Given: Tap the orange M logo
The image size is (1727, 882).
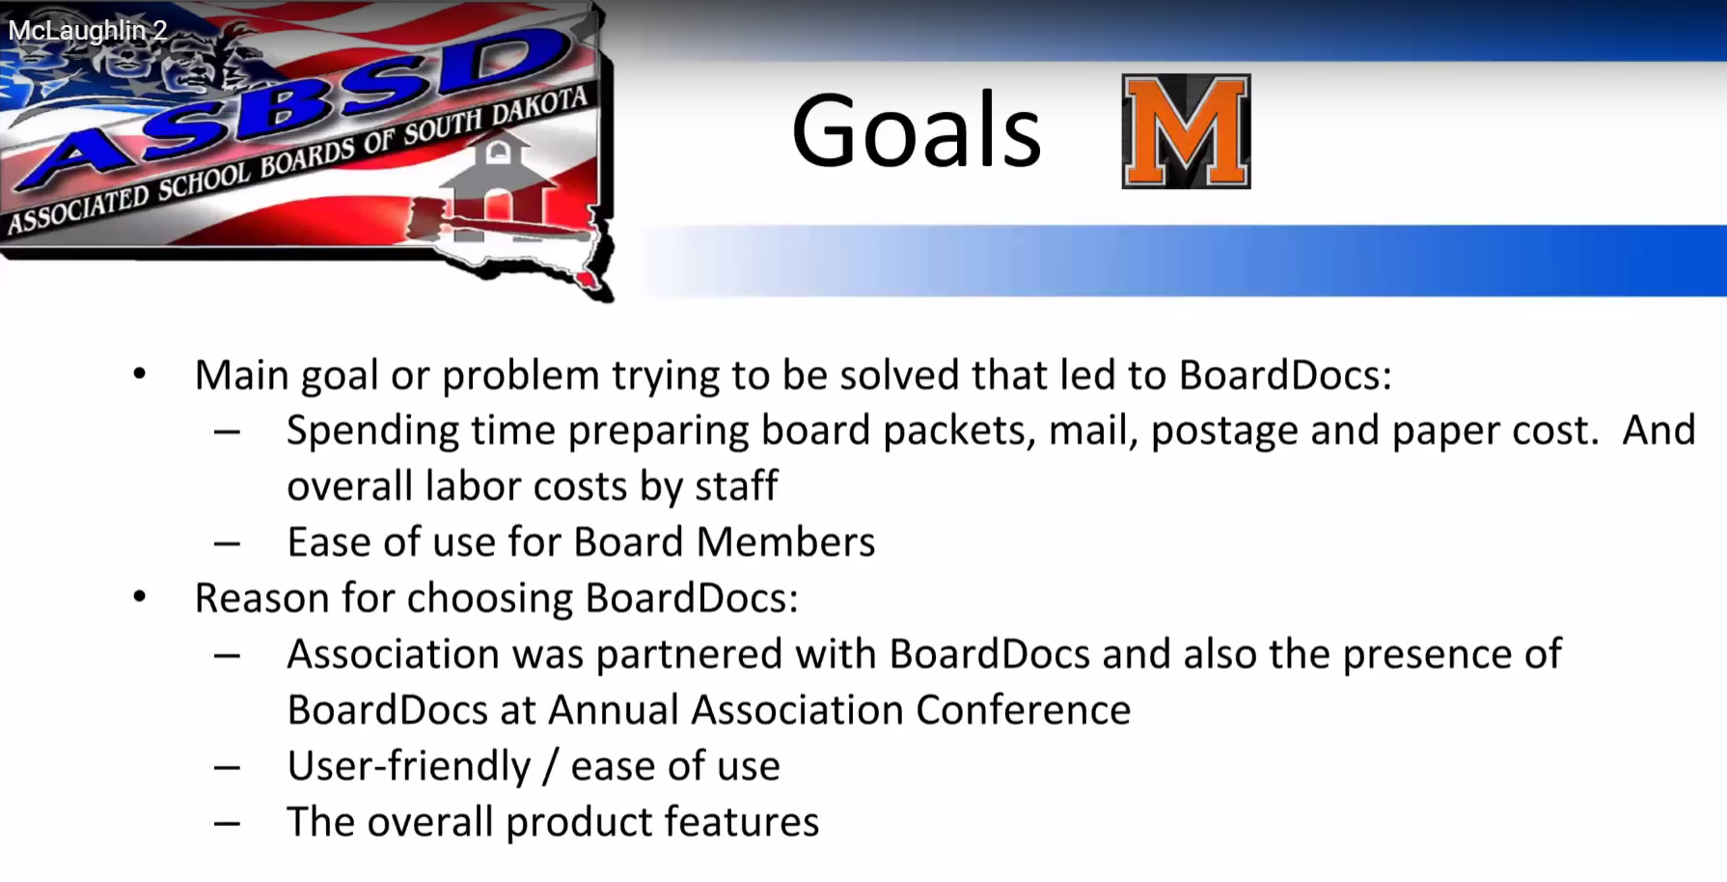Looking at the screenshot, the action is click(x=1186, y=131).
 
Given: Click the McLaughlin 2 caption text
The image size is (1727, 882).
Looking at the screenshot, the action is click(x=88, y=31).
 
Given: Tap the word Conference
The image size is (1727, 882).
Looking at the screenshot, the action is click(x=1023, y=710).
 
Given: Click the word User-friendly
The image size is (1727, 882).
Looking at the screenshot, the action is click(x=409, y=767).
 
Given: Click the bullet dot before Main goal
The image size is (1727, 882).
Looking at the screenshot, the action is click(x=141, y=373).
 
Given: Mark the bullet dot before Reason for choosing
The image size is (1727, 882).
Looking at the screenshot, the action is click(x=141, y=597).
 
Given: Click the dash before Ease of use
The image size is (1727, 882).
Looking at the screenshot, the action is click(x=228, y=544).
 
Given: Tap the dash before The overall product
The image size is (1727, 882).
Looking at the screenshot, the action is click(x=228, y=824).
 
